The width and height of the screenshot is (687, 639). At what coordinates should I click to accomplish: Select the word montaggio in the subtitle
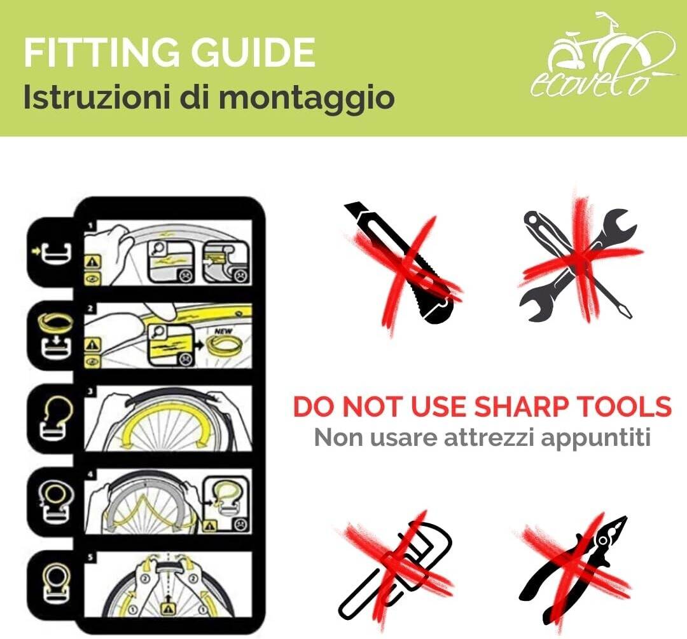[306, 98]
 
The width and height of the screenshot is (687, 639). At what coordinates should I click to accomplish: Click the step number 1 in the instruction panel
[91, 225]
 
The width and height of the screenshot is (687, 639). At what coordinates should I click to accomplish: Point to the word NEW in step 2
[223, 331]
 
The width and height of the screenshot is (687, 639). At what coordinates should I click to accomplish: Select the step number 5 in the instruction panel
[91, 557]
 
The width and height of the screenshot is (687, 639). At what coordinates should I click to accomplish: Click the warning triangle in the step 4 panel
[211, 525]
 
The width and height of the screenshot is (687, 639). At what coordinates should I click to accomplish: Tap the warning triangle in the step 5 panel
[168, 608]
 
